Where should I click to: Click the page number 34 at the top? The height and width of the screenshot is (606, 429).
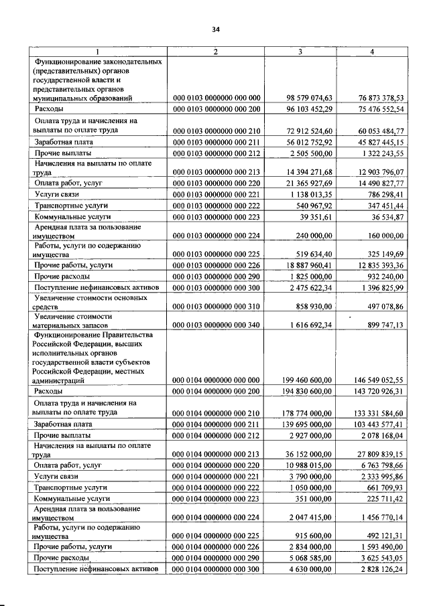click(x=215, y=29)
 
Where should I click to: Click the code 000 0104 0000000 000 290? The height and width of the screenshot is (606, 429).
click(x=217, y=558)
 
